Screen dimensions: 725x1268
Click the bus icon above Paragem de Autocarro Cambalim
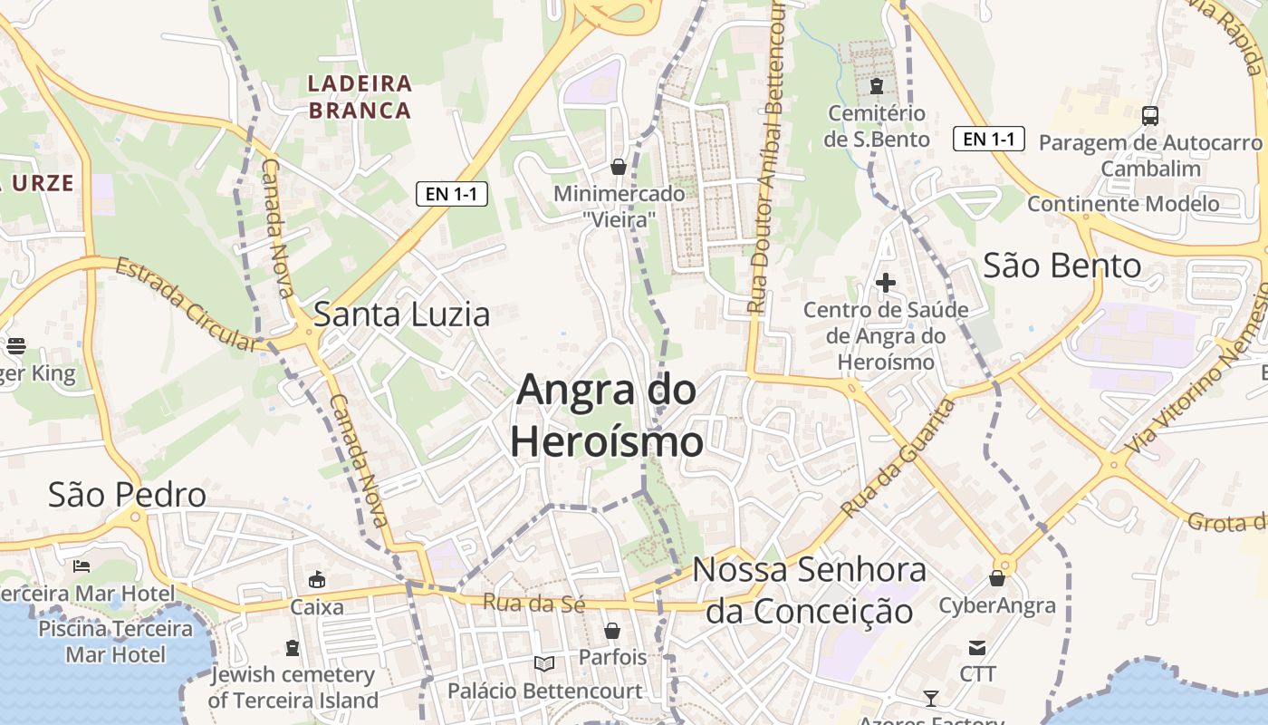click(x=1150, y=116)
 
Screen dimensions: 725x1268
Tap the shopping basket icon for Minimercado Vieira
click(x=619, y=167)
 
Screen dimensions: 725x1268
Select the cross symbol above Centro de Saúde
click(x=886, y=283)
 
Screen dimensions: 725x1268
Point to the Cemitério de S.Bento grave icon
click(x=876, y=87)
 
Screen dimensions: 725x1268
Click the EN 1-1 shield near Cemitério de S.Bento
click(x=989, y=139)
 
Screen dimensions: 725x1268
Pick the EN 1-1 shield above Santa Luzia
click(x=452, y=193)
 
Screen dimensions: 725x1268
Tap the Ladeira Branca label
click(x=360, y=97)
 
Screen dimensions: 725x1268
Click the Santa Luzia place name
click(x=401, y=314)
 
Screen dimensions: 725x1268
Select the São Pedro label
click(x=127, y=495)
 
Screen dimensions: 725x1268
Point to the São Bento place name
click(x=1061, y=266)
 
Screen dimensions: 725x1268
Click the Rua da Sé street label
click(x=534, y=602)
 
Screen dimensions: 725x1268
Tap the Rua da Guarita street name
click(x=898, y=459)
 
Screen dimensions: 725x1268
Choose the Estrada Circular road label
click(x=186, y=305)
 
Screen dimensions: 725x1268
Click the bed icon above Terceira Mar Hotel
click(x=82, y=566)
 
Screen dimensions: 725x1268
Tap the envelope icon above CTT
click(x=977, y=648)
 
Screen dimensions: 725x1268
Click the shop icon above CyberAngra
click(x=997, y=578)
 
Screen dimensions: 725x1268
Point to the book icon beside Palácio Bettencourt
click(x=544, y=664)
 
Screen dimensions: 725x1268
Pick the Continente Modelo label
click(x=1123, y=204)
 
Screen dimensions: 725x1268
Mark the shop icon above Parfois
click(x=612, y=631)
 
